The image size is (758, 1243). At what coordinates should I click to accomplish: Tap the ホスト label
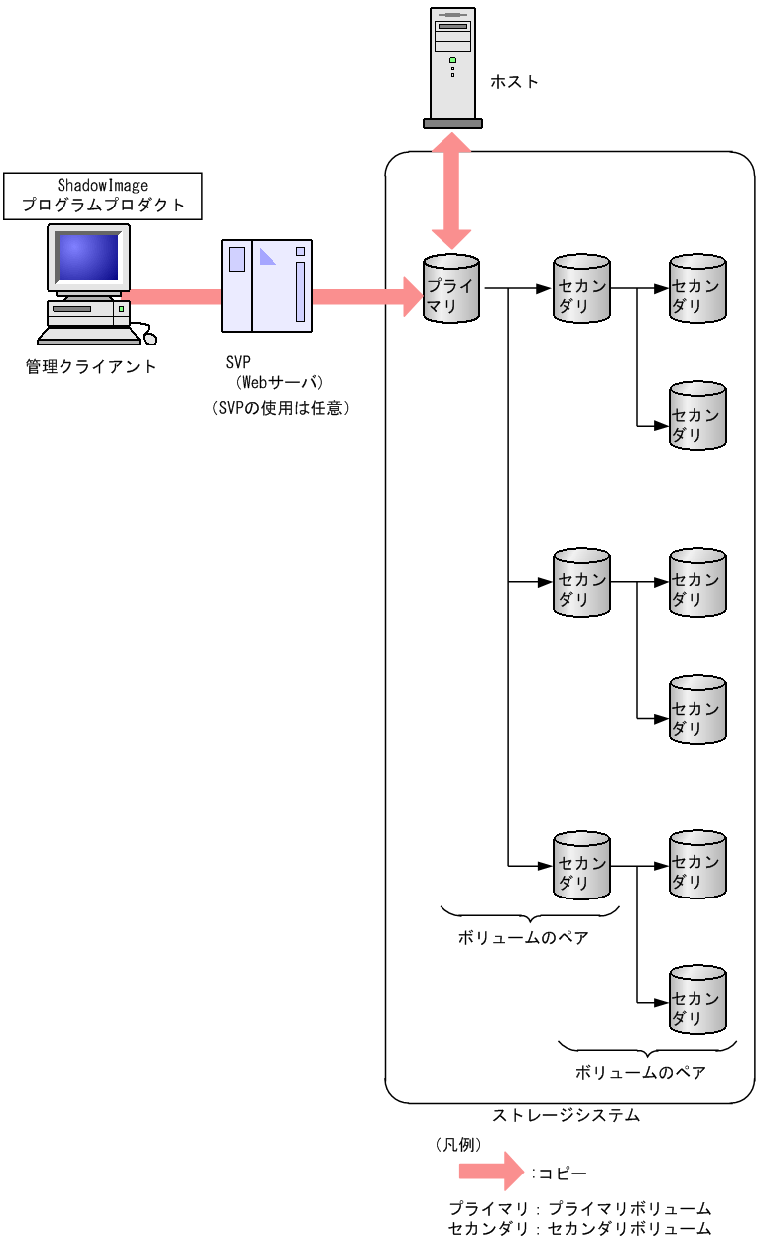514,82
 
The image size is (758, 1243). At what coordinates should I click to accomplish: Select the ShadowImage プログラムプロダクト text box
103,196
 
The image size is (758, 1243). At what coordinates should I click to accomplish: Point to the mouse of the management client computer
149,338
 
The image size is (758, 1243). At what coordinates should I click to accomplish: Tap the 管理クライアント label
91,366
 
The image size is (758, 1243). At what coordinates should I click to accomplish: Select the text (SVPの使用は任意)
279,408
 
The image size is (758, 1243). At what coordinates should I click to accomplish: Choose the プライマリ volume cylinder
451,289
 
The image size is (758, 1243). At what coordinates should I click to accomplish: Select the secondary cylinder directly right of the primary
581,289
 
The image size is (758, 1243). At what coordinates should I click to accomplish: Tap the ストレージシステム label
567,1115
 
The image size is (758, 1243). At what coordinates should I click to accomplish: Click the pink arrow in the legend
490,1173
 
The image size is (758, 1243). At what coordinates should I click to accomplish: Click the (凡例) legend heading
458,1145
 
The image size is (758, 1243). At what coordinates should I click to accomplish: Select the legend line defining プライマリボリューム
579,1209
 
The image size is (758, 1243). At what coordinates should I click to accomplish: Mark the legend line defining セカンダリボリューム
579,1229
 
